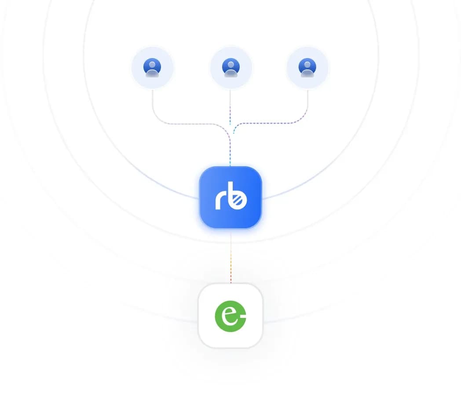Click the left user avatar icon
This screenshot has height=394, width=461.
pyautogui.click(x=152, y=68)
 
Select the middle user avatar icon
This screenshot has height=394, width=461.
pyautogui.click(x=231, y=68)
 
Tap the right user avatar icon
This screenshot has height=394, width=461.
pyautogui.click(x=307, y=68)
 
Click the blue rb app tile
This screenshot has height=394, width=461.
pyautogui.click(x=230, y=197)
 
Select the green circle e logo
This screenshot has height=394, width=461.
pyautogui.click(x=230, y=316)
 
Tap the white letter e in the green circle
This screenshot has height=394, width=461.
pyautogui.click(x=229, y=316)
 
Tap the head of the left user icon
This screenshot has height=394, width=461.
pyautogui.click(x=152, y=65)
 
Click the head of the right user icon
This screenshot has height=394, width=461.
pyautogui.click(x=307, y=65)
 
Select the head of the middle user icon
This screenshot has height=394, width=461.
pyautogui.click(x=231, y=65)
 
